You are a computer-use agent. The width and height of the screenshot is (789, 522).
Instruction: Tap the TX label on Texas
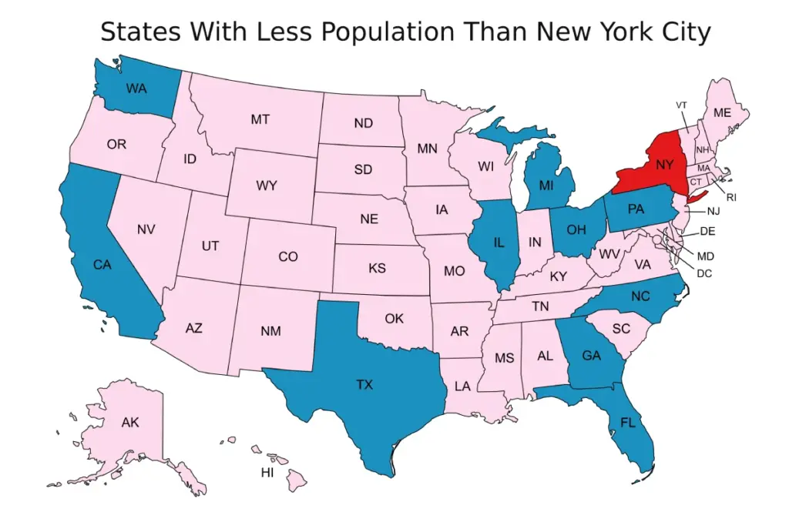click(x=364, y=384)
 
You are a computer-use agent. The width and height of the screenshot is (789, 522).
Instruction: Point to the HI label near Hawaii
click(x=267, y=472)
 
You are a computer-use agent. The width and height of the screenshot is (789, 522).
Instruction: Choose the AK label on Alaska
click(x=130, y=422)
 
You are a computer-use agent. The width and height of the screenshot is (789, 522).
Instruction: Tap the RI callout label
click(x=731, y=198)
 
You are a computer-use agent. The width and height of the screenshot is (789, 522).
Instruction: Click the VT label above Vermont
click(x=681, y=105)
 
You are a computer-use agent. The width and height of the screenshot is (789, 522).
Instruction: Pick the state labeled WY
click(x=267, y=186)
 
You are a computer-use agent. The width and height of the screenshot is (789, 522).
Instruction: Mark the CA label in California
click(x=102, y=265)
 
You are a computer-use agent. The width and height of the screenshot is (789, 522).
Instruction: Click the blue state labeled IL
click(x=499, y=243)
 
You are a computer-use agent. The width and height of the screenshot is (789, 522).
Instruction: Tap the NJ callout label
click(x=713, y=211)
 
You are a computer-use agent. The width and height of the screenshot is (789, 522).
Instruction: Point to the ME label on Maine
click(x=721, y=112)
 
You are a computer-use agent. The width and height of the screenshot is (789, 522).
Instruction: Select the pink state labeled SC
click(x=622, y=328)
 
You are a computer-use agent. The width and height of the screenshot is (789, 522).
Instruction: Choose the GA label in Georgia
click(x=592, y=356)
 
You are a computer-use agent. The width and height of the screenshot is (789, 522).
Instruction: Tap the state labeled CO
click(x=287, y=256)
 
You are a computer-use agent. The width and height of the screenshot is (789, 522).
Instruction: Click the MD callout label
click(x=704, y=256)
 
